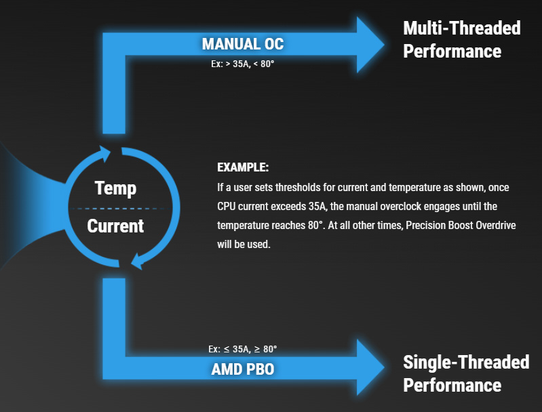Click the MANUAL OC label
point(243,44)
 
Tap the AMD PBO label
point(243,369)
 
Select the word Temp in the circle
point(115,188)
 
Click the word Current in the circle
point(115,226)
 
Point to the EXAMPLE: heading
point(243,167)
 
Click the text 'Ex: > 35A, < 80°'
point(243,64)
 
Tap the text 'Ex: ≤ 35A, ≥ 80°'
point(243,349)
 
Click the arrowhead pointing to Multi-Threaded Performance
point(370,45)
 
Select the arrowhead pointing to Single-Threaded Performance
point(370,367)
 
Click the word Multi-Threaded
point(462,28)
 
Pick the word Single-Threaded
point(466,363)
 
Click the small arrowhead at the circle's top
point(104,154)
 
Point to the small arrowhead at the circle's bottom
point(137,261)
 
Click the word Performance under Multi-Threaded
point(452,52)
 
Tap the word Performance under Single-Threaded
point(452,386)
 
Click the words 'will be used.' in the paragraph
point(244,244)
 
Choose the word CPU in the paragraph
point(226,206)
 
